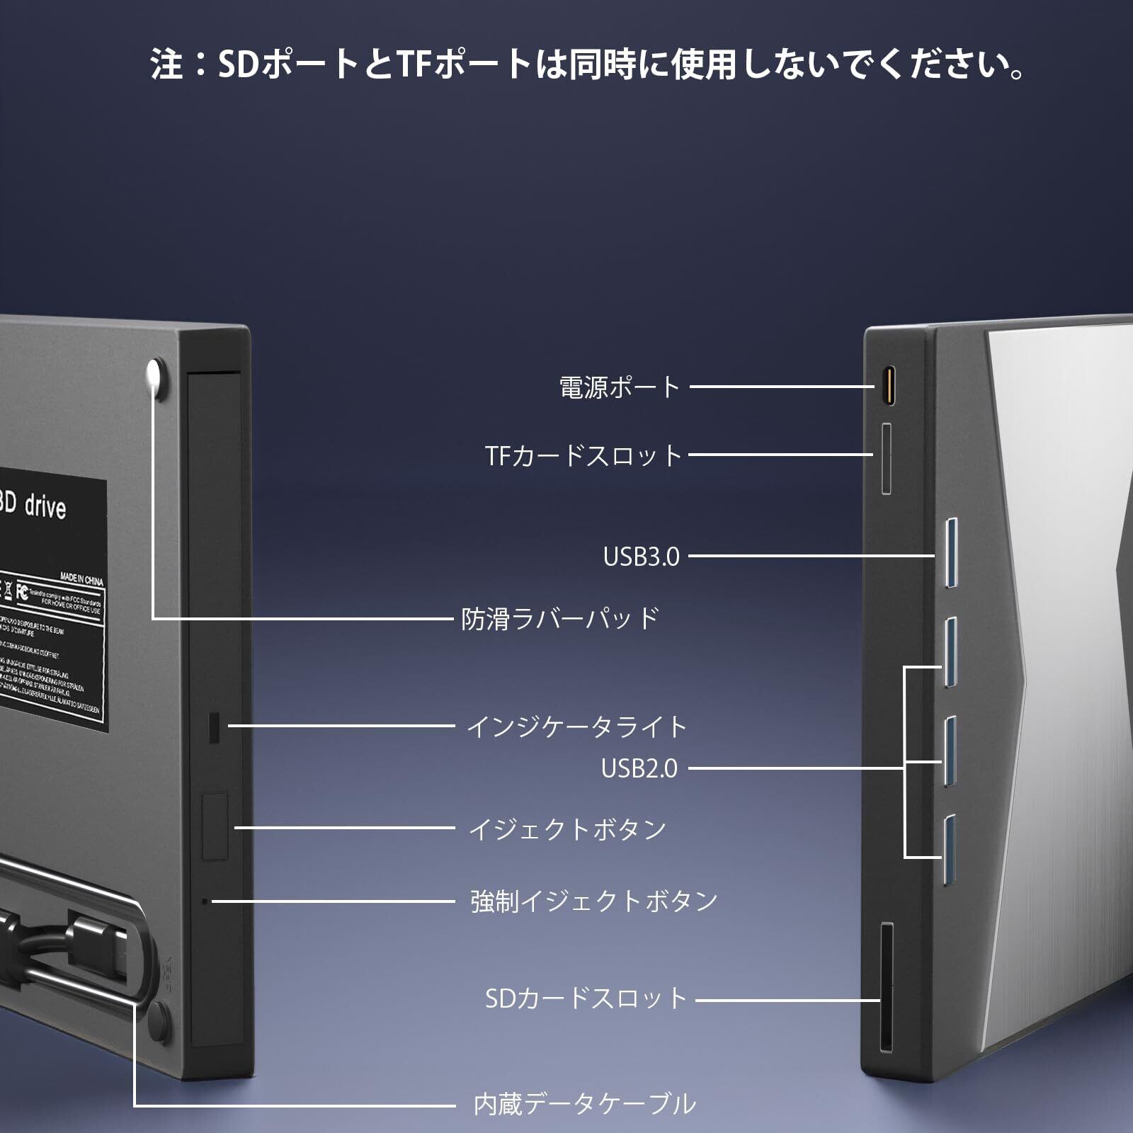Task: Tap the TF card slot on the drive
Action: click(886, 458)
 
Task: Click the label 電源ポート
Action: click(620, 387)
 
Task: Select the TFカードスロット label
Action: click(583, 455)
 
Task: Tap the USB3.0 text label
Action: click(641, 557)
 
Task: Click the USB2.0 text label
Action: click(639, 768)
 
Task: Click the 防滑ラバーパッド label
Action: click(560, 619)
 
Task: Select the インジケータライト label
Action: click(576, 727)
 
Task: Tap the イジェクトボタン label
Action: click(567, 829)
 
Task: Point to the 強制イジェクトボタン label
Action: click(594, 901)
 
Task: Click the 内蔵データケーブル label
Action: click(584, 1104)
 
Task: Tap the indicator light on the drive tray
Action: click(214, 727)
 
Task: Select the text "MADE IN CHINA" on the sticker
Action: click(81, 579)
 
